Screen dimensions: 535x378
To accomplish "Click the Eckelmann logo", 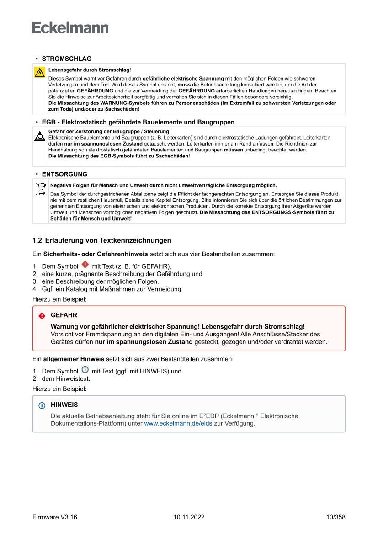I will point(70,28).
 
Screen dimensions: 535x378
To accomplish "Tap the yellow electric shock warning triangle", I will point(40,72).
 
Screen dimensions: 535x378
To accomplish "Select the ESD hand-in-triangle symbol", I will point(40,136).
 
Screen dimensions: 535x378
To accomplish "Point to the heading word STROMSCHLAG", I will point(67,59).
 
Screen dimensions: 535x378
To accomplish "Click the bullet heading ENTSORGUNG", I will point(64,174).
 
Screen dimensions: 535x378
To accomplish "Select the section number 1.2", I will point(37,240).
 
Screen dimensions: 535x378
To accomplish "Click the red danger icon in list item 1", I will point(85,265).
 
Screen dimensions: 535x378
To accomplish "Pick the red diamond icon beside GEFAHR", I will point(42,316).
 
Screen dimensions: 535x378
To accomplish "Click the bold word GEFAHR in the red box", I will point(64,315).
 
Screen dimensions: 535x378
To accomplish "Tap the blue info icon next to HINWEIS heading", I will point(42,405).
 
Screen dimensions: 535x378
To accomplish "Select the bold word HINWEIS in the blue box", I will point(64,405).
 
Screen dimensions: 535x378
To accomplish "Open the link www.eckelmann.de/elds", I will point(178,424).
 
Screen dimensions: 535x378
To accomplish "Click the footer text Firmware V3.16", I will point(55,517).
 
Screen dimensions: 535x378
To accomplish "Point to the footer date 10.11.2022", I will point(189,517).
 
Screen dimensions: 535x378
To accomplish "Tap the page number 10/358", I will point(336,517).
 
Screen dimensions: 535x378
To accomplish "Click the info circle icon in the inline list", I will point(85,370).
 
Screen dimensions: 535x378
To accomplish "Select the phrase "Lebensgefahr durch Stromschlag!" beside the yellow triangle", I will point(90,70).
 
